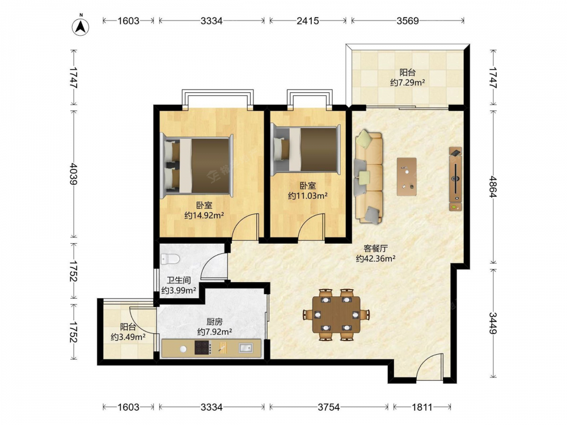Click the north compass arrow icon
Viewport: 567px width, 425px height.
[81, 27]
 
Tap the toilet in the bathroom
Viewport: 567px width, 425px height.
[170, 259]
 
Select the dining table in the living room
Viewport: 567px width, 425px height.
[336, 314]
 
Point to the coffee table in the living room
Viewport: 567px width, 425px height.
[407, 177]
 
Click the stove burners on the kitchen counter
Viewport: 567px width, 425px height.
[203, 348]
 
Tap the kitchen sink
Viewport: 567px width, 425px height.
[246, 348]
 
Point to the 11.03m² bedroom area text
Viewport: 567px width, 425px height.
[308, 196]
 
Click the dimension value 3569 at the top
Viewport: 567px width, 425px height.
[408, 20]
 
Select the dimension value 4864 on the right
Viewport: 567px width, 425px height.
[493, 186]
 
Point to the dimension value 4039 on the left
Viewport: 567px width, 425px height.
[73, 173]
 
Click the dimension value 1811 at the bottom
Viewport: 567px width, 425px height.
[422, 407]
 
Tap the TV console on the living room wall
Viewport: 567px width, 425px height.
[456, 179]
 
